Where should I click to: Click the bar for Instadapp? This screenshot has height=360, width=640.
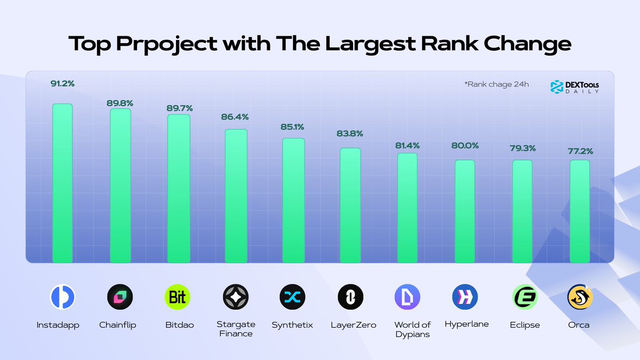coord(62,183)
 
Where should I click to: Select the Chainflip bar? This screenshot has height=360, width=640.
coord(120,186)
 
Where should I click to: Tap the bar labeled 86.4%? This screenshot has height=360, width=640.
coord(236,196)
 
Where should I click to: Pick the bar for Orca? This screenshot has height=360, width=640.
coord(580,211)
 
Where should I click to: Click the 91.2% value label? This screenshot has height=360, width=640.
coord(62,83)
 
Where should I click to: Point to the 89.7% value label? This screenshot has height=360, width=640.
coord(179,108)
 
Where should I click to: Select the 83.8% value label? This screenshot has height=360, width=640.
coord(350,133)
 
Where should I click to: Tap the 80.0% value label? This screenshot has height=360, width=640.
coord(465,145)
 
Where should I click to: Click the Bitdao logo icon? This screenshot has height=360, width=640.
coord(178,297)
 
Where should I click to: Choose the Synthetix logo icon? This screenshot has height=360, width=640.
coord(292,297)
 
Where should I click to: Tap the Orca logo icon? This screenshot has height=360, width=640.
coord(580,297)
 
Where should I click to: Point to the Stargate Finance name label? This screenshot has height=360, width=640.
coord(236,329)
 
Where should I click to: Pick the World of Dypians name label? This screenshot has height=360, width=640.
coord(412,329)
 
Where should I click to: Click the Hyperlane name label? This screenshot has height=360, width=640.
coord(466,324)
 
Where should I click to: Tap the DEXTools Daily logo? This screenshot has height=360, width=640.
coord(575,87)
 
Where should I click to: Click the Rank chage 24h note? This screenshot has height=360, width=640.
coord(497,84)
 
